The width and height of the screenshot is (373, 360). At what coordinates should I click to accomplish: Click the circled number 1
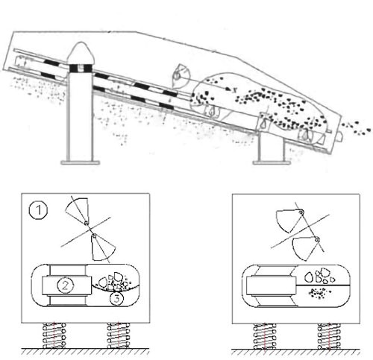click(38, 210)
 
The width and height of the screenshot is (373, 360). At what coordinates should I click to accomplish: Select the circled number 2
click(65, 285)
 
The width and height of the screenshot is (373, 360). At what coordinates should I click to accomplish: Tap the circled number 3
click(117, 298)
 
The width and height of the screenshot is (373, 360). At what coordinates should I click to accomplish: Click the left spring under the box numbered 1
click(54, 335)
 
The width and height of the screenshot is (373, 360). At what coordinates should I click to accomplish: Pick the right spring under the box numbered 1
click(119, 335)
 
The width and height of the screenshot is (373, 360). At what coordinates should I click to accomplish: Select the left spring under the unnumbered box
click(265, 336)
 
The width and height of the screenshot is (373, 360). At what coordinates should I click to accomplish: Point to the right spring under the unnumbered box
click(329, 336)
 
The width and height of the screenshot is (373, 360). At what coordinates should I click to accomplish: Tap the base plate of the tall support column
click(81, 162)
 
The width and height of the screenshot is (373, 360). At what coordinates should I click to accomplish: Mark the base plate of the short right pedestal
click(272, 162)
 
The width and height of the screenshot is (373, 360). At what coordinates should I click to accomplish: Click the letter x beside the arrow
click(234, 90)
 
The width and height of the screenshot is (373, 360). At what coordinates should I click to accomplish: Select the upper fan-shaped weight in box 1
click(77, 210)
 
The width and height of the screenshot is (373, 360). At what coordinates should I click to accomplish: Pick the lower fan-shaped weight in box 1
click(103, 247)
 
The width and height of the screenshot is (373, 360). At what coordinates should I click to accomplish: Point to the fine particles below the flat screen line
click(319, 293)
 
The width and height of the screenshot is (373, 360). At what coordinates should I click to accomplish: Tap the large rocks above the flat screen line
click(320, 276)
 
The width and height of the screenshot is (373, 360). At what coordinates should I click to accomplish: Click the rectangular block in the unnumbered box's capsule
click(271, 285)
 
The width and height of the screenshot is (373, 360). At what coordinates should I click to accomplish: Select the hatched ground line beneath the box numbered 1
click(85, 351)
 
